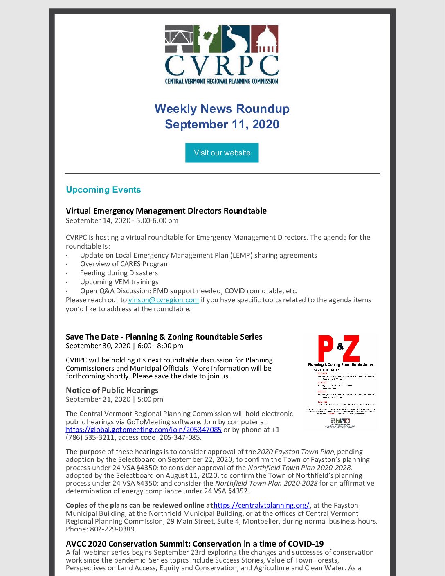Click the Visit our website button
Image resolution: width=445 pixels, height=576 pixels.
point(222,153)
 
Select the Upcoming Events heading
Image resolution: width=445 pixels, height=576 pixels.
point(103,190)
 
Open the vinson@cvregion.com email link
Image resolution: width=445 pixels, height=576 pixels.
point(163,300)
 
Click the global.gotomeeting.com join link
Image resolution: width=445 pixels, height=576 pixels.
point(144,430)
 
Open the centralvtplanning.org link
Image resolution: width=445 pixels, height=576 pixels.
point(261,505)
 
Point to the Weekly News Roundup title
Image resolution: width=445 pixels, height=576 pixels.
point(222,109)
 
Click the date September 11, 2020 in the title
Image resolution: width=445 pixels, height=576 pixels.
point(222,124)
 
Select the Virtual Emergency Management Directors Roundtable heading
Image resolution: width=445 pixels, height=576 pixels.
point(166,211)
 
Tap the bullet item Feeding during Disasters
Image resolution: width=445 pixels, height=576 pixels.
point(119,273)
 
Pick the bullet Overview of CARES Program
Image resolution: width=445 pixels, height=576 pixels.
point(125,264)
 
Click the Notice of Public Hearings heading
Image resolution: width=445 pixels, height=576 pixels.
point(112,390)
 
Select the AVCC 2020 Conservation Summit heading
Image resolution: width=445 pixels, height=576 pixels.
point(195,544)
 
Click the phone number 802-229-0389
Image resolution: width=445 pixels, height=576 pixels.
point(113,529)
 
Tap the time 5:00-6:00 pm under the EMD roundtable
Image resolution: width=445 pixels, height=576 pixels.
point(157,220)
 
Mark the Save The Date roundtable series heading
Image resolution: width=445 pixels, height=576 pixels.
point(164,337)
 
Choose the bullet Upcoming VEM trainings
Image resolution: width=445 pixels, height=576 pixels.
point(119,282)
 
